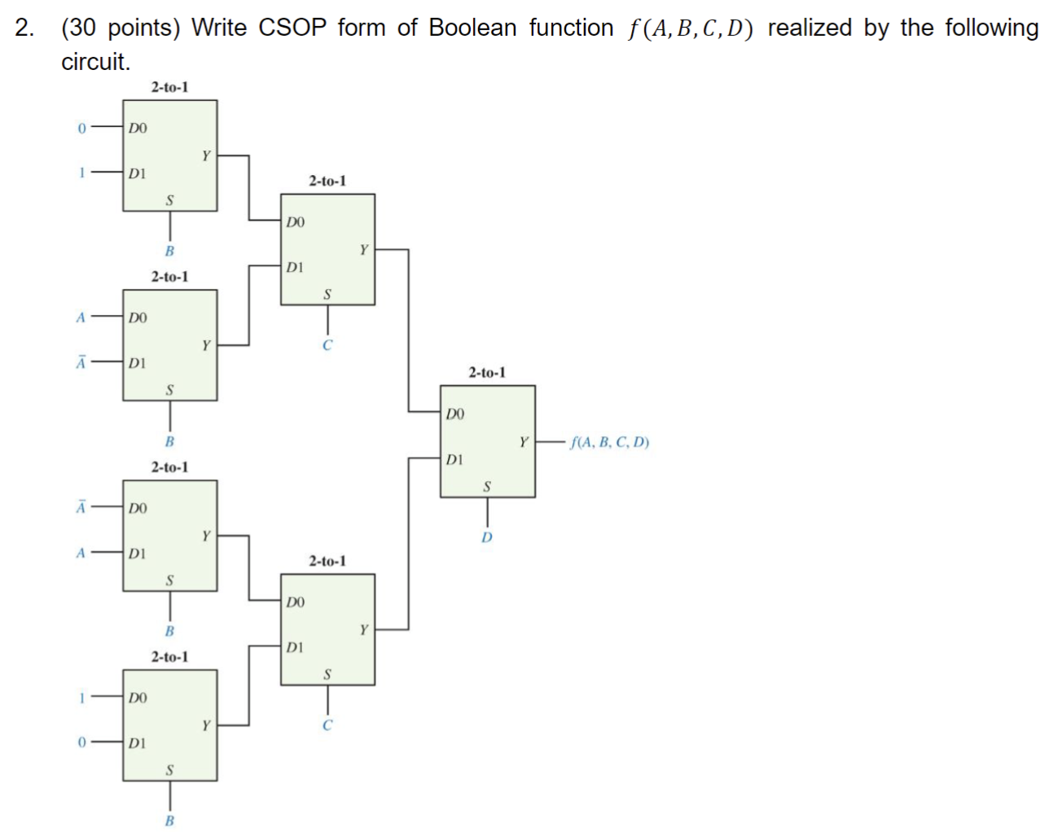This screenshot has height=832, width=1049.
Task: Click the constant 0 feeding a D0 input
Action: point(81,128)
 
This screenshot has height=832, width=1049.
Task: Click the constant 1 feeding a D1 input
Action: point(81,173)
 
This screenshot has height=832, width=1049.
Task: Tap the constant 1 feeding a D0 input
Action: point(81,697)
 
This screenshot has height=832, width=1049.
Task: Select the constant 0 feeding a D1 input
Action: point(81,742)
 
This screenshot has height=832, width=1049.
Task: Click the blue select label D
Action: point(487,537)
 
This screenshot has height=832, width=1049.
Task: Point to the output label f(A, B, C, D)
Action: point(610,442)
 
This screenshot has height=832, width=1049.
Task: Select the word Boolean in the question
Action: point(472,28)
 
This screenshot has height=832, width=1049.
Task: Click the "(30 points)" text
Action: point(121,28)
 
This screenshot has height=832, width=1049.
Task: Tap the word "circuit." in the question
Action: point(95,62)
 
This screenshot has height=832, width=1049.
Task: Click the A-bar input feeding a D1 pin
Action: point(81,362)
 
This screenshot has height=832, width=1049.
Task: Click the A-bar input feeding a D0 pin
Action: point(81,507)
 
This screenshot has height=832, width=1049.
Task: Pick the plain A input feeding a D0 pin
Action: point(81,317)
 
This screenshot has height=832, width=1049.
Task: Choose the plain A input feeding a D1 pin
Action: point(81,553)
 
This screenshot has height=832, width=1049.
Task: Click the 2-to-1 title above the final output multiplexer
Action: point(486,372)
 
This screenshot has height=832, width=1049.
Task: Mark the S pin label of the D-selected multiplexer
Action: point(487,487)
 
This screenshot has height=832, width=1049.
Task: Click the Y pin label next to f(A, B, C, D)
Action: point(524,442)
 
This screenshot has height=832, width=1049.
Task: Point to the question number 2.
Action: point(24,28)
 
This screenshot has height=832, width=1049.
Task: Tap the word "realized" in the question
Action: point(810,28)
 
